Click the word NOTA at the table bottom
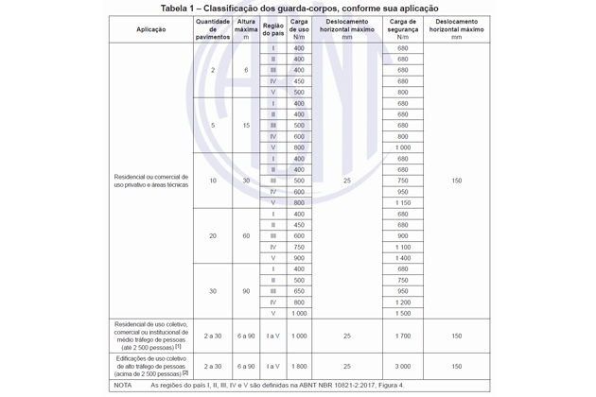[123, 385]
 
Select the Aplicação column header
[150, 29]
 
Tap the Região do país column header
[273, 29]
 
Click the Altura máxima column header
[246, 29]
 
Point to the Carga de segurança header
[403, 29]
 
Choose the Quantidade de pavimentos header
[212, 29]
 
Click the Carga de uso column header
[299, 29]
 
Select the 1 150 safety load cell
[403, 203]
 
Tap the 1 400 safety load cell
[403, 258]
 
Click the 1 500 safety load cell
[403, 313]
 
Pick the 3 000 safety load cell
[403, 366]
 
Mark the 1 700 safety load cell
[403, 336]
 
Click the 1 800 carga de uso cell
[299, 366]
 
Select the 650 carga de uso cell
[299, 291]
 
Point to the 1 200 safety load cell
[403, 302]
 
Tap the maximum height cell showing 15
[246, 125]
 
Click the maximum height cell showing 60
[246, 235]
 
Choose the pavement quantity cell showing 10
[212, 181]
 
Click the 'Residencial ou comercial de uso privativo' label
[150, 181]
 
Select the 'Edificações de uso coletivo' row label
[150, 366]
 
